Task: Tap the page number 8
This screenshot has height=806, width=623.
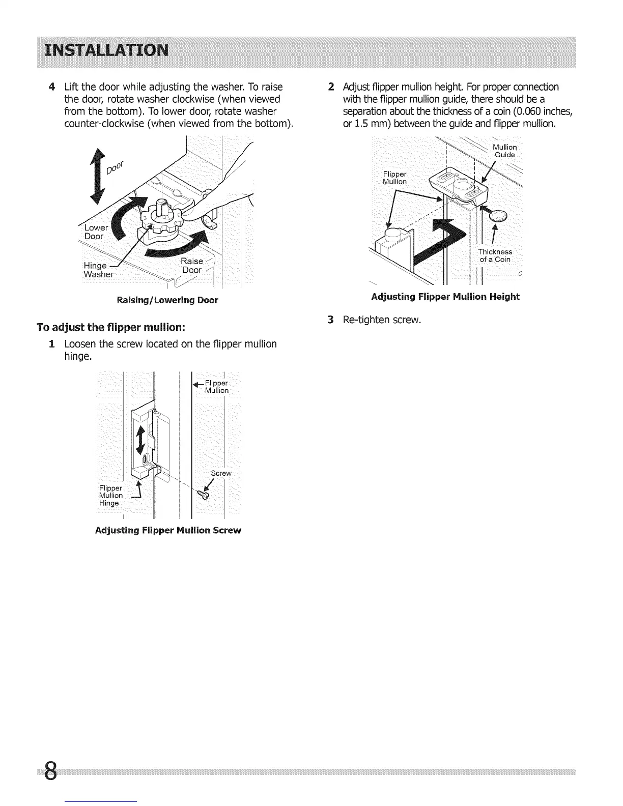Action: pyautogui.click(x=49, y=774)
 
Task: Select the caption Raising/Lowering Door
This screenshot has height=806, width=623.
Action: pyautogui.click(x=167, y=300)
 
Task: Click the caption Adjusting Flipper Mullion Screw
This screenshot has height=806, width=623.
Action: pyautogui.click(x=168, y=530)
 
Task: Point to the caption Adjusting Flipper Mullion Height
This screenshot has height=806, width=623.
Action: pyautogui.click(x=445, y=297)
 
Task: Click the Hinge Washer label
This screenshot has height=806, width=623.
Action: pyautogui.click(x=98, y=270)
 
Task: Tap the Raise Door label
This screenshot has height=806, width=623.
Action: pyautogui.click(x=192, y=266)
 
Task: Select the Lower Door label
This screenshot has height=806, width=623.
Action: pyautogui.click(x=94, y=232)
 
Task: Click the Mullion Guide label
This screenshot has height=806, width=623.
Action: pyautogui.click(x=505, y=151)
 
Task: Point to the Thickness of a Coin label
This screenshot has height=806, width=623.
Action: pyautogui.click(x=495, y=255)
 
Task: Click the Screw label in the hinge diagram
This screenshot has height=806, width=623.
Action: pyautogui.click(x=221, y=473)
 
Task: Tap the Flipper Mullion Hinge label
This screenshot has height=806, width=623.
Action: pyautogui.click(x=110, y=496)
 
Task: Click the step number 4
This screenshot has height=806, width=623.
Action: pyautogui.click(x=51, y=87)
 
